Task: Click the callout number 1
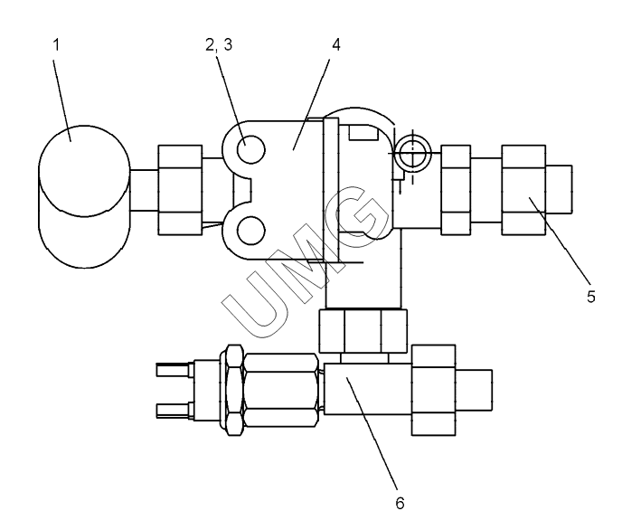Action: tap(56, 44)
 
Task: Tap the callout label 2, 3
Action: tap(219, 45)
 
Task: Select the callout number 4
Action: tap(336, 45)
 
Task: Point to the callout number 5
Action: tap(591, 297)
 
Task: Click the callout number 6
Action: tap(400, 503)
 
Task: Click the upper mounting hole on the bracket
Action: tap(250, 150)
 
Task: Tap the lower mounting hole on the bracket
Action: tap(250, 231)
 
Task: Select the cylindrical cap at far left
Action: tap(84, 197)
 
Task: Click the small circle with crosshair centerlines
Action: tap(412, 153)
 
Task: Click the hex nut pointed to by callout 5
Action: tap(523, 190)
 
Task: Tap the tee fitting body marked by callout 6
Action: tap(368, 389)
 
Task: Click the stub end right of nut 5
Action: tap(559, 190)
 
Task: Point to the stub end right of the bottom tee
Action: tap(474, 390)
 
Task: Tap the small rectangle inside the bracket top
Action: tap(363, 132)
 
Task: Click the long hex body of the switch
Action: tap(281, 390)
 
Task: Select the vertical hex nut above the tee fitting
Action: tap(363, 331)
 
